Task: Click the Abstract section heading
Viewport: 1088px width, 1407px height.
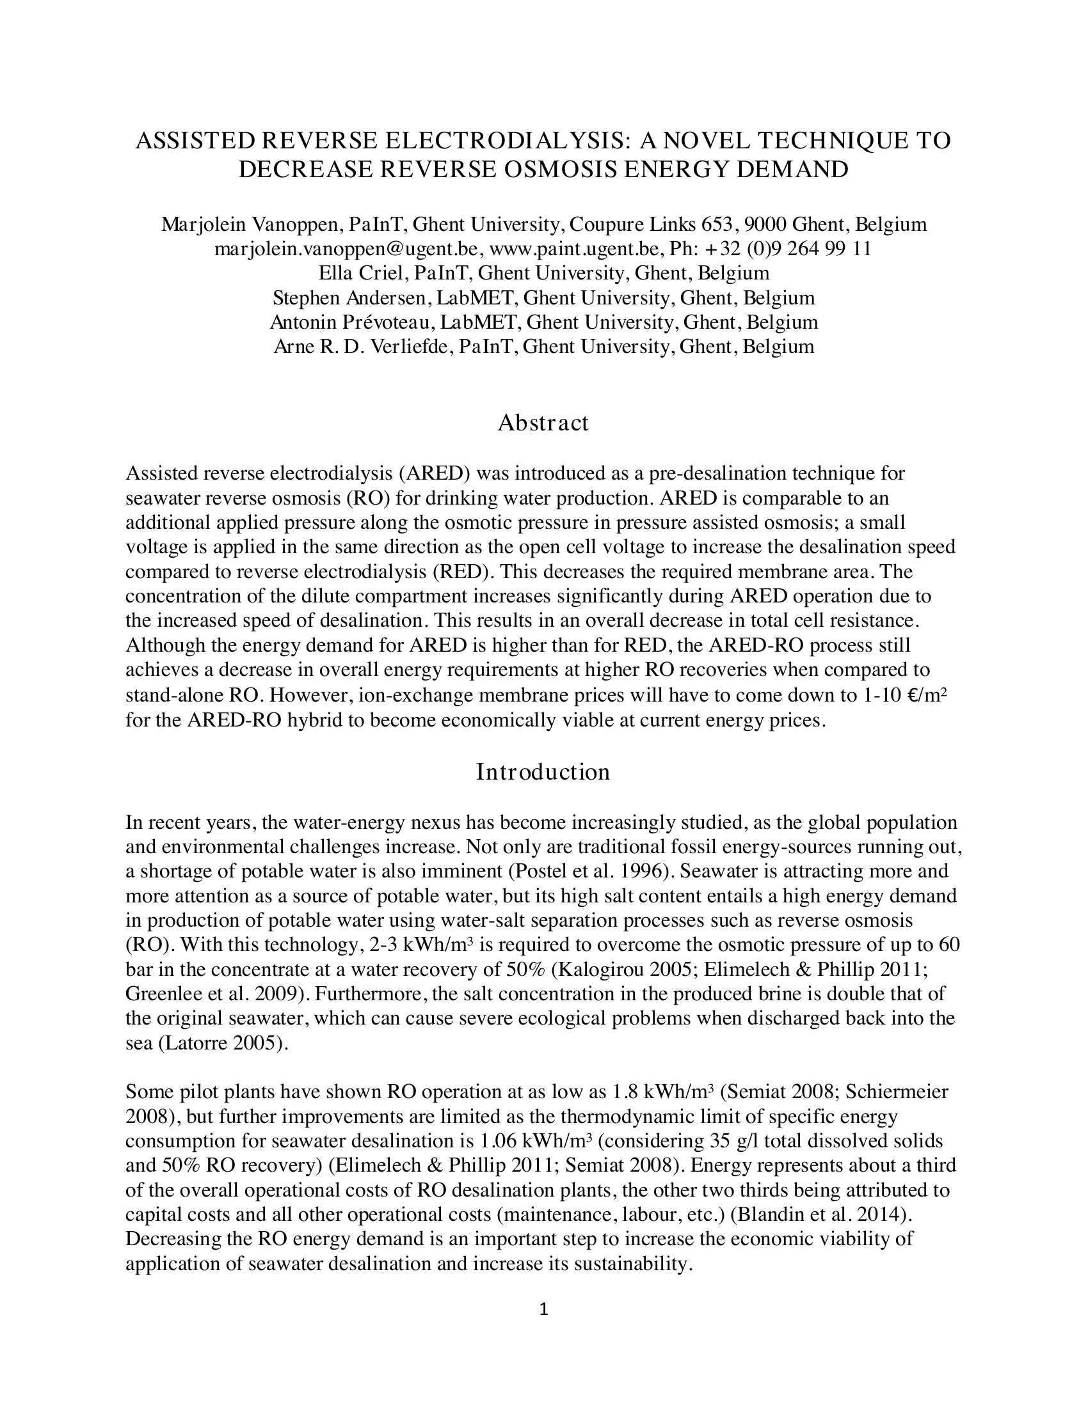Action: (543, 423)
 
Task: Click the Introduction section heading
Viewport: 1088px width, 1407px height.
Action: (543, 772)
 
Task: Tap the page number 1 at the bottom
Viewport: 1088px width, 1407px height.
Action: (543, 1309)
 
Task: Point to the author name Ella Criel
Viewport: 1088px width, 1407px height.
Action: (361, 273)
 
